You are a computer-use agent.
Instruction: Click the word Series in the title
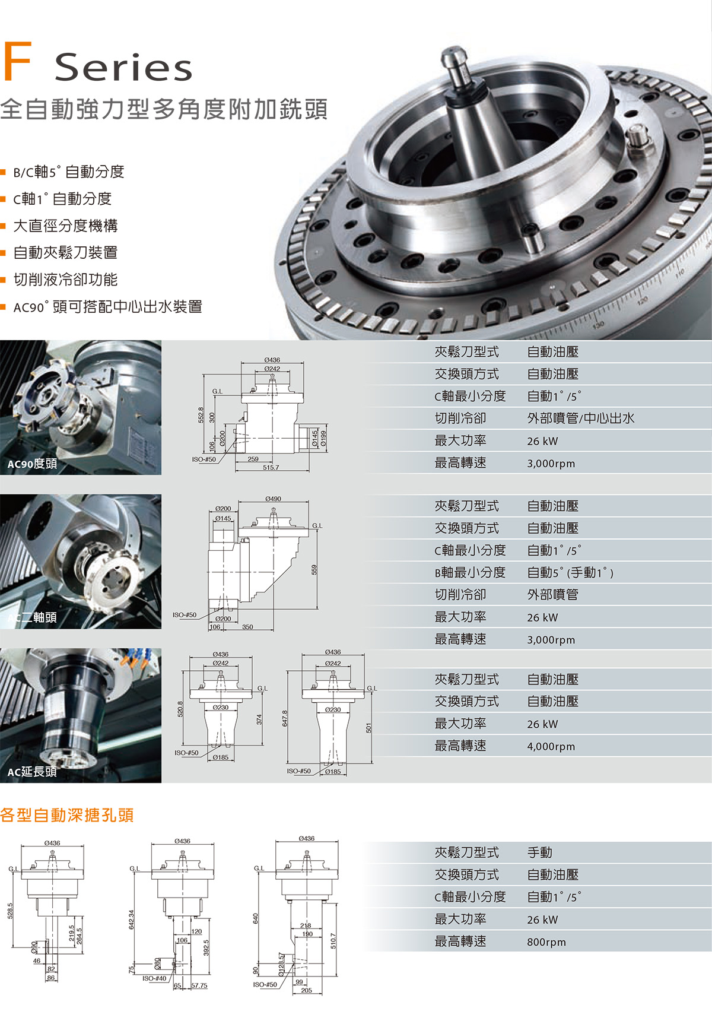124,66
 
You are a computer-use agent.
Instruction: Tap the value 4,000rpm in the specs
551,746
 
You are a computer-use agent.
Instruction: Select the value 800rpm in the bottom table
546,941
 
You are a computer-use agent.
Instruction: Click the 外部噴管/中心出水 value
581,419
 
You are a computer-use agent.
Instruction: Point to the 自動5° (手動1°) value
570,573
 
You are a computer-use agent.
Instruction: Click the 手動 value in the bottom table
540,852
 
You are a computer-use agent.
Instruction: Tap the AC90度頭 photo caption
32,464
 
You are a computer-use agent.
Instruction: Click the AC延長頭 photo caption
32,772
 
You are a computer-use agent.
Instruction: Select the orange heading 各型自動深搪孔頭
67,815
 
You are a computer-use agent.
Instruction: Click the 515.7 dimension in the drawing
271,468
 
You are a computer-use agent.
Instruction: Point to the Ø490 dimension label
274,499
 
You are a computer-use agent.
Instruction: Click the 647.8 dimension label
285,718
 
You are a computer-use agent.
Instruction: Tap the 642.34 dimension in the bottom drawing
131,920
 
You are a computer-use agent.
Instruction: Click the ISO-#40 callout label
154,978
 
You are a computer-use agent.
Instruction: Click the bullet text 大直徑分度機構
65,226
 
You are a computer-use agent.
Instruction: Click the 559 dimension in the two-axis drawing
315,569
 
